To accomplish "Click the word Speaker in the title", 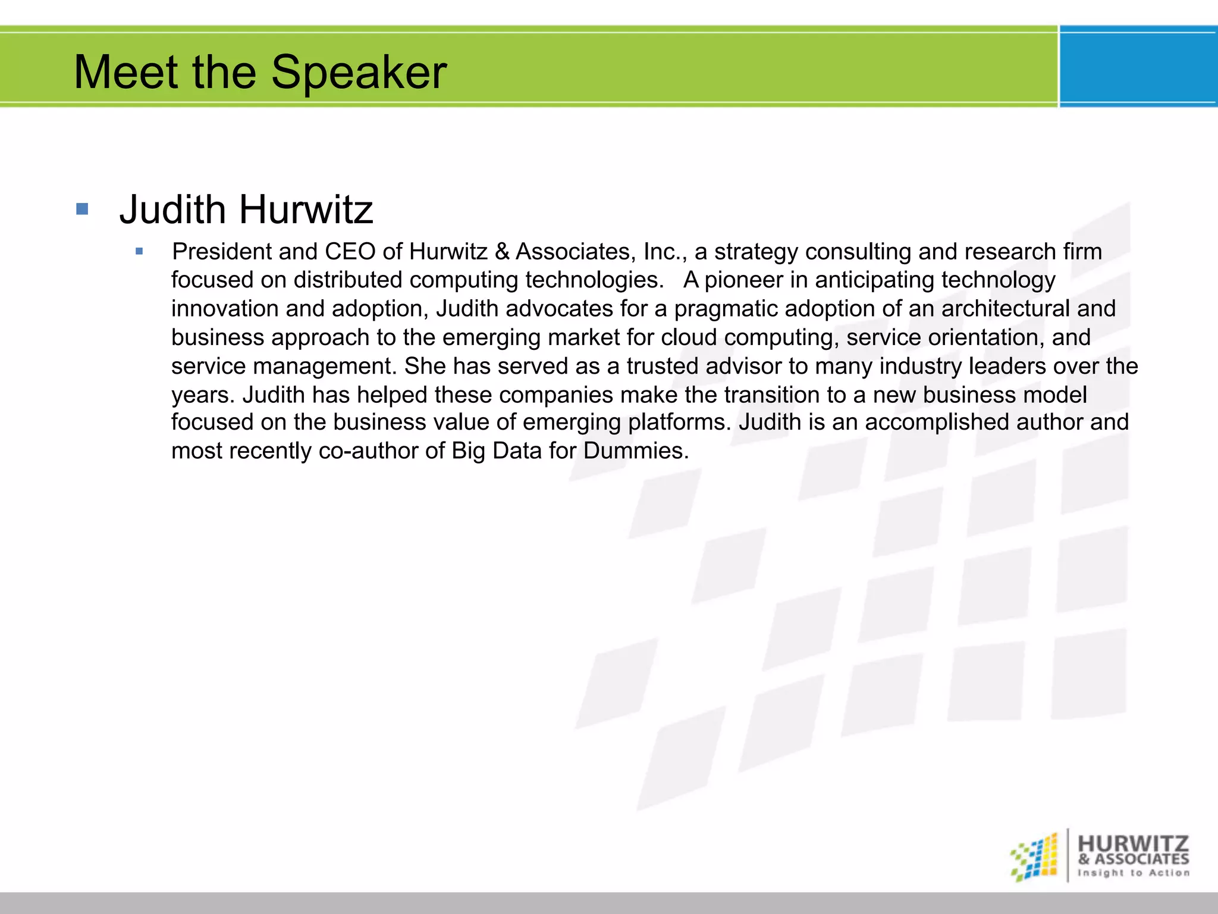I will coord(359,73).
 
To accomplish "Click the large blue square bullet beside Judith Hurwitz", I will coord(82,209).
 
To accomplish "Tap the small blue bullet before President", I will coord(139,252).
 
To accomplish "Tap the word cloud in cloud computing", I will coord(689,337).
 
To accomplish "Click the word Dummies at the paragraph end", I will coord(636,450).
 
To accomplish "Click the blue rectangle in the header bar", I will coord(1138,67).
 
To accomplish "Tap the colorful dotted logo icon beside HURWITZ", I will coord(1034,857).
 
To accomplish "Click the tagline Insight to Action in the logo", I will coord(1134,873).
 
